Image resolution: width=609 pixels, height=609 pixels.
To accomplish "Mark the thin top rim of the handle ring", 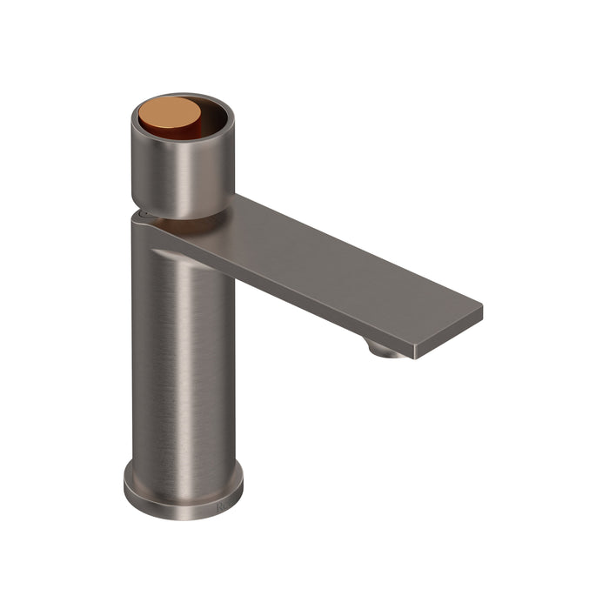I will tap(182, 95).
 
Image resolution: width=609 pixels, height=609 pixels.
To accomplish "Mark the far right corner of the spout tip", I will tap(481, 307).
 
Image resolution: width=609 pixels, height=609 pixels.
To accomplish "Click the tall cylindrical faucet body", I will tap(183, 365).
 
